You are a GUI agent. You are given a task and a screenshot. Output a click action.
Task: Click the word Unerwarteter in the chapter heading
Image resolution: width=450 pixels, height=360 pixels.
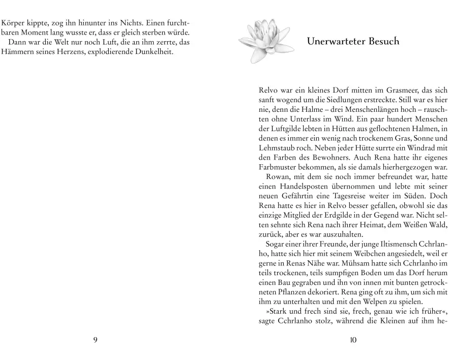[x=339, y=41]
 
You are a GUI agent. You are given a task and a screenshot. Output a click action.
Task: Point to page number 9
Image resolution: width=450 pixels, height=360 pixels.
[x=95, y=340]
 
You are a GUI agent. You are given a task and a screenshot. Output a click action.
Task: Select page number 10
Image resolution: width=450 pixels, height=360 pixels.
[x=353, y=340]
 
